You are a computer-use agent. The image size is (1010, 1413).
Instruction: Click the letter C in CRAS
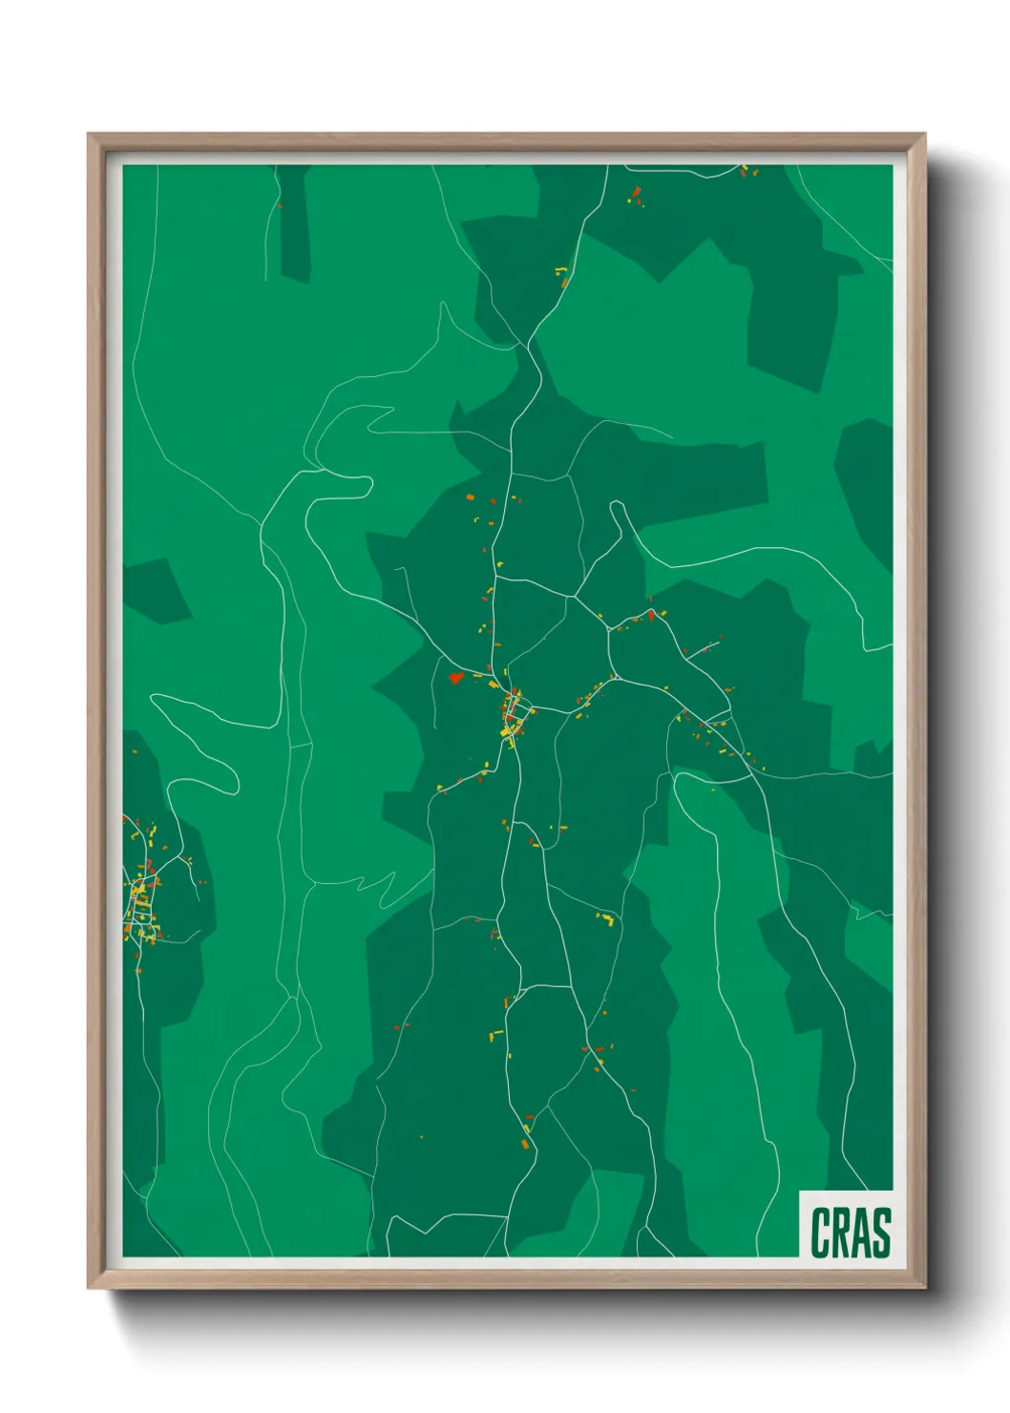point(820,1233)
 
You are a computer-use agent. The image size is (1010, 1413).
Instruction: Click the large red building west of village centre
point(455,678)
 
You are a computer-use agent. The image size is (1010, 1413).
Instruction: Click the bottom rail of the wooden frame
point(506,1279)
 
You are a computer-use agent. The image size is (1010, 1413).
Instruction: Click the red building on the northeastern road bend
point(652,614)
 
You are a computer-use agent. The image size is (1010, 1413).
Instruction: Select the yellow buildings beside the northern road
point(562,276)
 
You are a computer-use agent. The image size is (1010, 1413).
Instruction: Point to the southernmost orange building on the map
point(525,1142)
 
